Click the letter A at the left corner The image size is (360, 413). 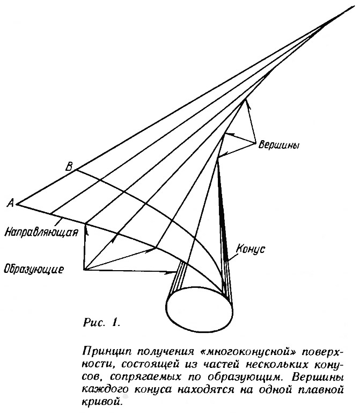point(11,203)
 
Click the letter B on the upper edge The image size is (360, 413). point(69,166)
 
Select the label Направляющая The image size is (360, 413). point(41,233)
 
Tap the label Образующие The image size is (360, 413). point(34,269)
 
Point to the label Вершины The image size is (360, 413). point(278,145)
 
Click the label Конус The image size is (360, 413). point(251,249)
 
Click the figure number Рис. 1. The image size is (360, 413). point(101,323)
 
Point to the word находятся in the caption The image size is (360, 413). point(206,389)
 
